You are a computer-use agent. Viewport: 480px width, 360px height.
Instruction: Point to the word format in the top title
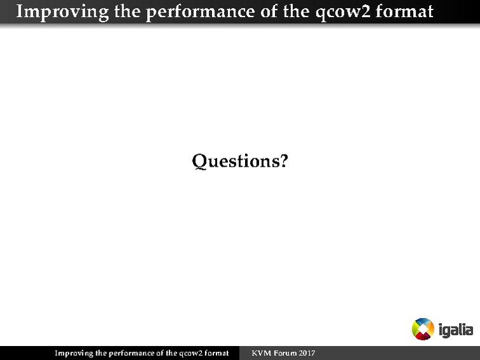pos(407,11)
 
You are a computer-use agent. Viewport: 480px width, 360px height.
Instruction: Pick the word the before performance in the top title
pos(127,11)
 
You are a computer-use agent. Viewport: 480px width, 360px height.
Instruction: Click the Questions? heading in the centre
pos(240,162)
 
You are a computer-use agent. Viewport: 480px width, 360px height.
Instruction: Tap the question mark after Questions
pos(283,162)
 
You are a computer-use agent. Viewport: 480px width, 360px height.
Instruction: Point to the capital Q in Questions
pos(200,162)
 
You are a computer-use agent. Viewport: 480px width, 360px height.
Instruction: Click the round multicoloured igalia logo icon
pos(423,329)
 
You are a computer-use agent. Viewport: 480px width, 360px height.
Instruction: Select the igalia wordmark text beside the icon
pos(456,329)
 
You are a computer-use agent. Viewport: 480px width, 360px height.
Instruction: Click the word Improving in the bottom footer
pos(73,353)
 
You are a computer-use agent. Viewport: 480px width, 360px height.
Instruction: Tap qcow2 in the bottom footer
pos(190,353)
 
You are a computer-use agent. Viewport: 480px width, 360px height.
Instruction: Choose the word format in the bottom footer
pos(216,353)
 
